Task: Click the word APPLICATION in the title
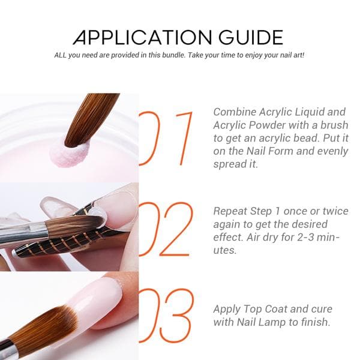click(142, 37)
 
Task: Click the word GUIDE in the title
click(251, 37)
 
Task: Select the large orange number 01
click(166, 139)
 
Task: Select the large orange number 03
click(166, 316)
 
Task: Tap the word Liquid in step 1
click(309, 113)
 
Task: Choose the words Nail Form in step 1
click(270, 151)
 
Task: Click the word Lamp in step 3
click(272, 323)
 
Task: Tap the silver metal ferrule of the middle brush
click(23, 231)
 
